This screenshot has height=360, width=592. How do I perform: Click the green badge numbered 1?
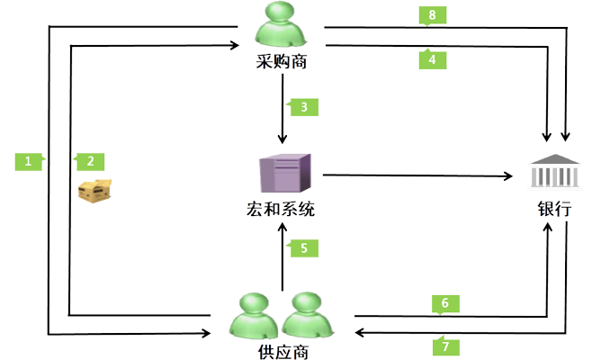click(29, 161)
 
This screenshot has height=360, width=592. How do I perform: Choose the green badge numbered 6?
click(444, 303)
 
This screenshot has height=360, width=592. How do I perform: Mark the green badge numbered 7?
click(444, 344)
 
